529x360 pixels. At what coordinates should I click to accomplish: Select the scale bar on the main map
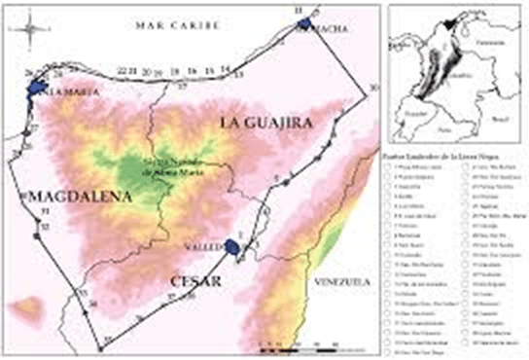(296, 344)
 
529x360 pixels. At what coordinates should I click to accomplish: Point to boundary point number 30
(371, 89)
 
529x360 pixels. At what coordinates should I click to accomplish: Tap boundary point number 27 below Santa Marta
(32, 126)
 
